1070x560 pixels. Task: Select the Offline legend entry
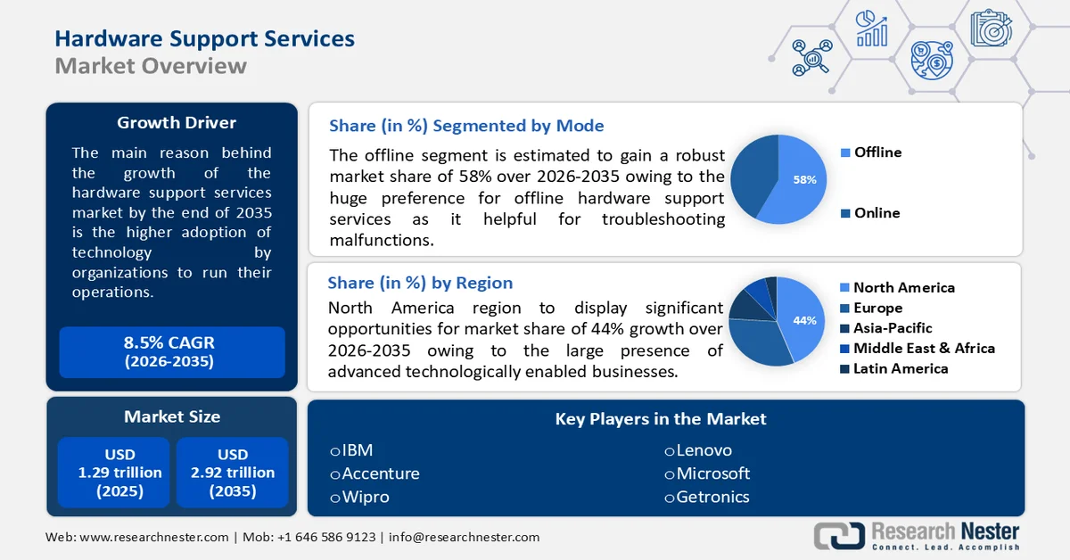[877, 152]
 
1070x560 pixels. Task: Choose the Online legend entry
[877, 213]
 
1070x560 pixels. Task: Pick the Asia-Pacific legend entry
[893, 328]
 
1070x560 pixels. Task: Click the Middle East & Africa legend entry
[924, 348]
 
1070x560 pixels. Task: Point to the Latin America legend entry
[901, 368]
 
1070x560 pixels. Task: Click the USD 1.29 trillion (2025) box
[113, 473]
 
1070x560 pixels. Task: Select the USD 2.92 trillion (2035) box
[233, 473]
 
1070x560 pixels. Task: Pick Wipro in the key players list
[365, 497]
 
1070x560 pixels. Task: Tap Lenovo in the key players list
[703, 450]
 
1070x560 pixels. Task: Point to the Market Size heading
[172, 416]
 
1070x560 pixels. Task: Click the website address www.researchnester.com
[154, 537]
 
